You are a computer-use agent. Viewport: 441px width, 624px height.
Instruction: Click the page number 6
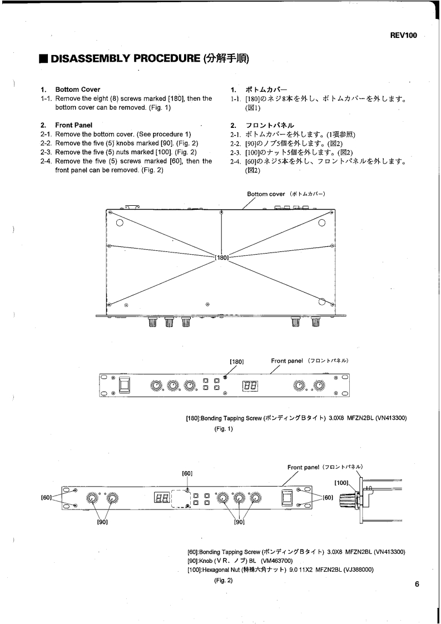click(418, 584)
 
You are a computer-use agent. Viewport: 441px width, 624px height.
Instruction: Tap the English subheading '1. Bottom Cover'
click(70, 90)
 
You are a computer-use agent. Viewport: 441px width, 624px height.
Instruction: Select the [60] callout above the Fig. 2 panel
click(187, 473)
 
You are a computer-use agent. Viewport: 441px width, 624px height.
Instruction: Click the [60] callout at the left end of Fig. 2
click(48, 498)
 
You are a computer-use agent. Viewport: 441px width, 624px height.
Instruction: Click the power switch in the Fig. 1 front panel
click(126, 384)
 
